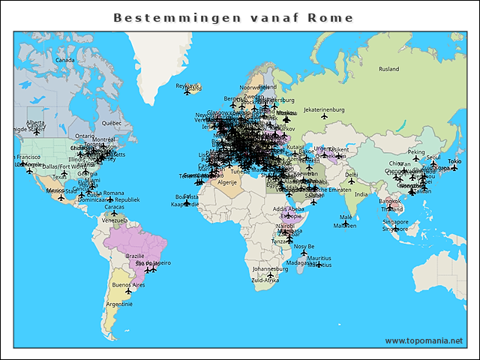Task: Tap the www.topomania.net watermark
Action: pos(424,340)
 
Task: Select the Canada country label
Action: pos(65,60)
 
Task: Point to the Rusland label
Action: pos(389,69)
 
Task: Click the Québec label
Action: pos(112,122)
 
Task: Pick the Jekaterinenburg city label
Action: pos(323,109)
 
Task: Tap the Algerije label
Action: pos(226,182)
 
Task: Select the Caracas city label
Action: pos(114,206)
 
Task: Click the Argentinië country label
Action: pos(118,304)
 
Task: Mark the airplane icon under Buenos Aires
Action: pos(127,292)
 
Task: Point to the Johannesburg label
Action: pos(270,268)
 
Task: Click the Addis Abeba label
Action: pos(288,208)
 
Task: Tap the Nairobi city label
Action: pos(286,226)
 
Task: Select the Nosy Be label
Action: pos(304,246)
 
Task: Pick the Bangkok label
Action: pos(390,201)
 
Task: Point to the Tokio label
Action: pos(454,162)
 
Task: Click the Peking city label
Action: pos(415,152)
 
